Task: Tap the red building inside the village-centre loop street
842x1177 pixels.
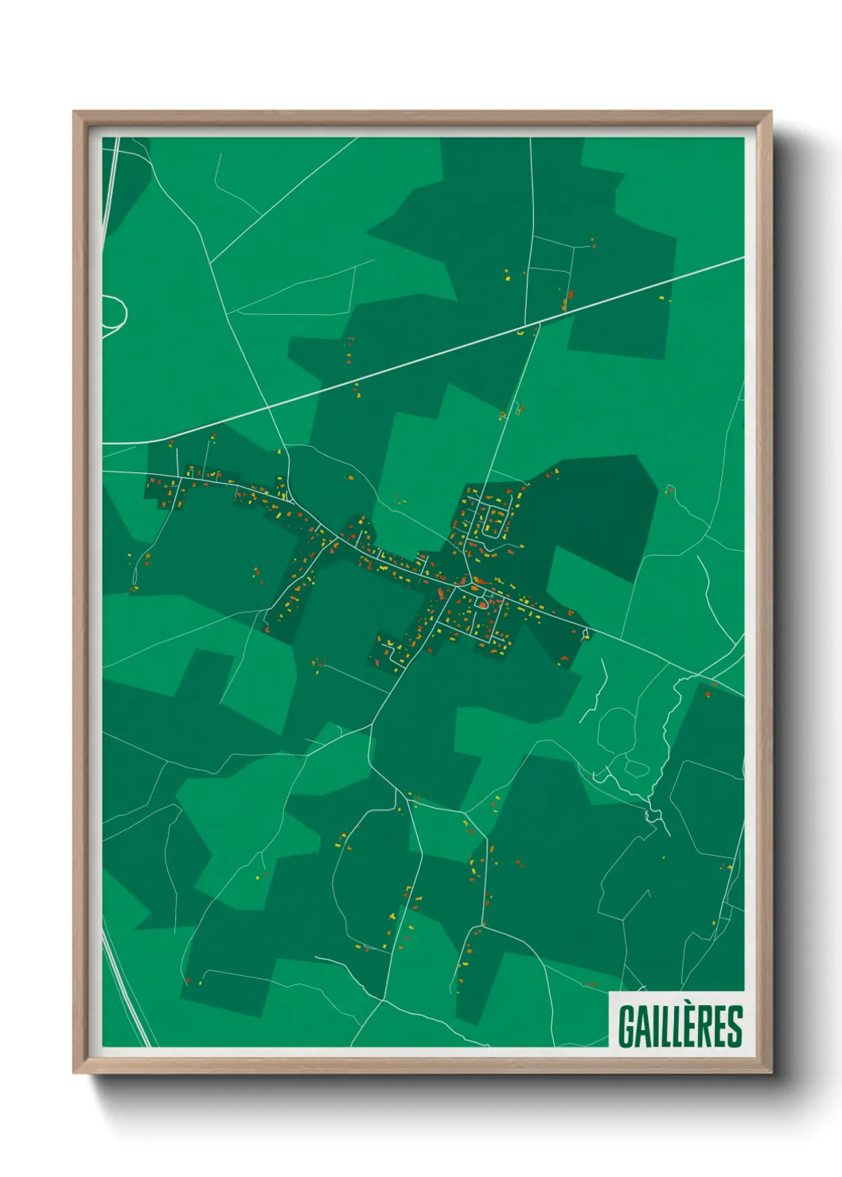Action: pyautogui.click(x=482, y=605)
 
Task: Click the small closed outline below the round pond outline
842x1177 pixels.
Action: pyautogui.click(x=637, y=767)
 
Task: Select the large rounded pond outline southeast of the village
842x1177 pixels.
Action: pyautogui.click(x=616, y=728)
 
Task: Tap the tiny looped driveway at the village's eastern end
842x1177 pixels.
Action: pyautogui.click(x=587, y=634)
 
